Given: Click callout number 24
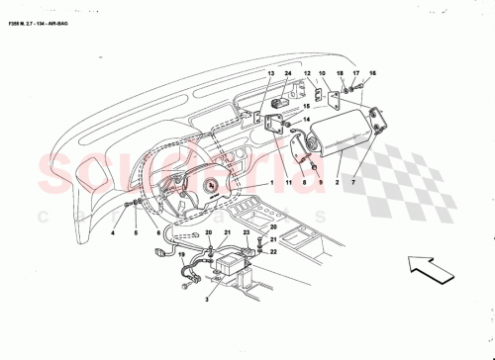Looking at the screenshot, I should [x=287, y=74].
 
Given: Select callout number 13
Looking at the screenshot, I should [x=269, y=74].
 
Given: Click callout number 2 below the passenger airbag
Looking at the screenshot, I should [x=337, y=183].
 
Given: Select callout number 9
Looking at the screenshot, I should [x=305, y=183].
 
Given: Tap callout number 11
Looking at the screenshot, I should [x=288, y=183].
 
